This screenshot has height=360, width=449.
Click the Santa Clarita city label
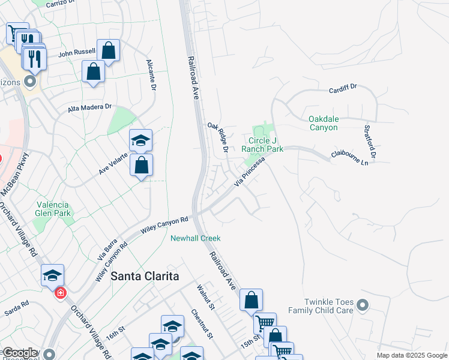(x=145, y=276)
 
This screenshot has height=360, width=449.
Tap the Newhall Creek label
(x=196, y=238)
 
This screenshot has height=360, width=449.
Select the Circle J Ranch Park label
(x=262, y=145)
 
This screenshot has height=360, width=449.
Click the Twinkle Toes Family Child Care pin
(x=362, y=306)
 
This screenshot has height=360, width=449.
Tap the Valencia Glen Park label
(x=53, y=208)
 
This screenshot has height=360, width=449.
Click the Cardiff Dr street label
(x=343, y=88)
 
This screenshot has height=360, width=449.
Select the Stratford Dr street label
(x=369, y=142)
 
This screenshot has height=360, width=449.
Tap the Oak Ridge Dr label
(x=218, y=137)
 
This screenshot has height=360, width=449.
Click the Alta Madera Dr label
(x=90, y=107)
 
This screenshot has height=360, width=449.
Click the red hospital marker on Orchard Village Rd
(x=60, y=293)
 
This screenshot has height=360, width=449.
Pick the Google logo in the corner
(x=20, y=353)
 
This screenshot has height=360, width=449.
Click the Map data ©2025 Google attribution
(x=411, y=355)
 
